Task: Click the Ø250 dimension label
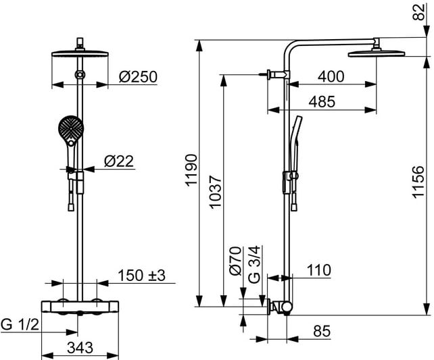click(138, 76)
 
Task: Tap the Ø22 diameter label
click(119, 161)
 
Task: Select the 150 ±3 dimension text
click(141, 276)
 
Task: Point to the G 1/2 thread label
click(20, 324)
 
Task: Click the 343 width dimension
click(80, 347)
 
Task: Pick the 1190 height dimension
click(191, 170)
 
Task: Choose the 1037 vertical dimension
click(215, 191)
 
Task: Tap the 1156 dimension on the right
click(418, 182)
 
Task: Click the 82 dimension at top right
click(418, 12)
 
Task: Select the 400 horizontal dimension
click(331, 76)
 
